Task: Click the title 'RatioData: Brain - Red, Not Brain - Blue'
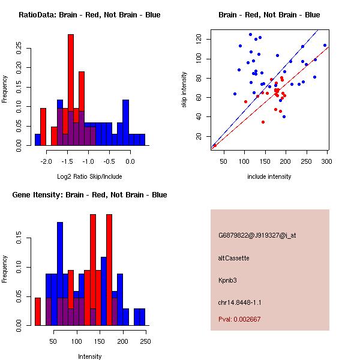coord(89,15)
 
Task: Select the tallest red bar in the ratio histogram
coord(71,90)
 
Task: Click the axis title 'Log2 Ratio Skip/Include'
coord(89,177)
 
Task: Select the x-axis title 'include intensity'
coord(269,177)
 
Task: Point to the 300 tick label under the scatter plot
coord(327,161)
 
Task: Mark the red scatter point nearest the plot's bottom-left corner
coord(215,145)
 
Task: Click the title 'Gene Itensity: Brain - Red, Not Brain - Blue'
coord(89,195)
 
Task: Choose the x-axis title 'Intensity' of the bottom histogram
coord(89,356)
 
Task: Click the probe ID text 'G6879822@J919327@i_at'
coord(257,235)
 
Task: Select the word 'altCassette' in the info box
coord(233,258)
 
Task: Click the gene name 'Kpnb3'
coord(228,280)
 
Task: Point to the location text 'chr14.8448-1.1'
coord(239,302)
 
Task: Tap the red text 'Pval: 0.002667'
coord(239,319)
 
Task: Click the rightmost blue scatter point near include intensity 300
coord(325,45)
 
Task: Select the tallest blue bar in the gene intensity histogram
coord(60,273)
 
